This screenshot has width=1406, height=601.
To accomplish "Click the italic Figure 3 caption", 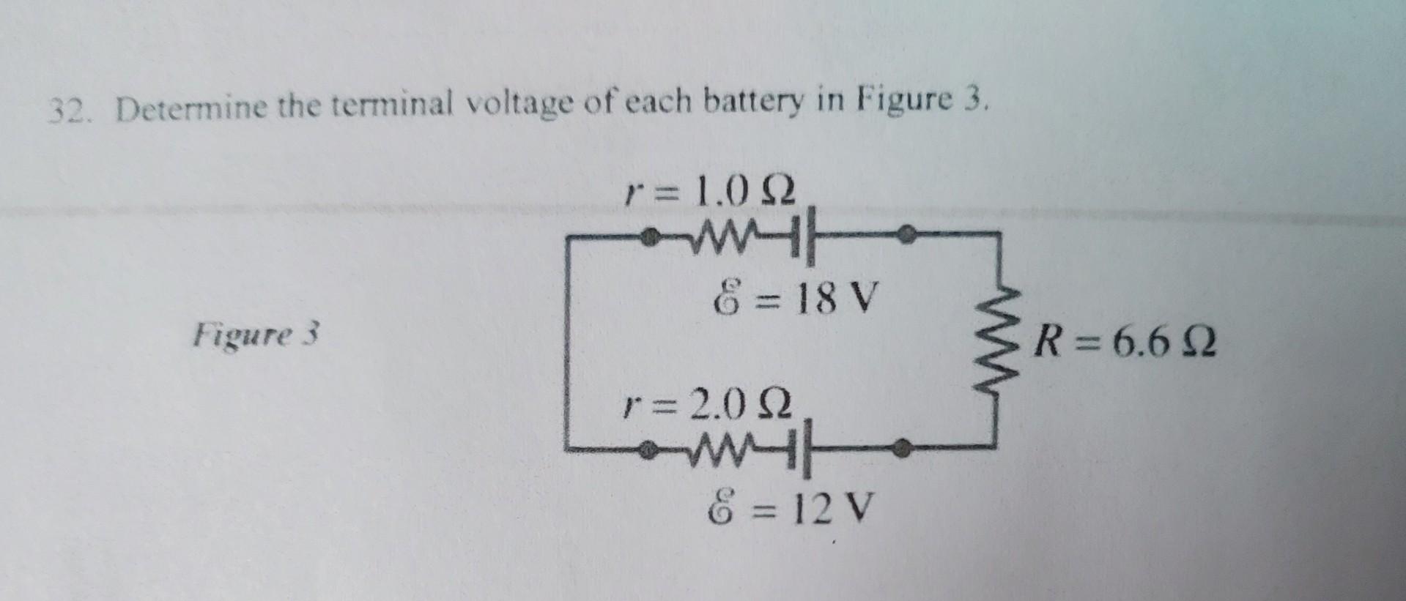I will [x=256, y=335].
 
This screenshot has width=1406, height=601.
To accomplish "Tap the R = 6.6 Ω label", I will [x=1124, y=343].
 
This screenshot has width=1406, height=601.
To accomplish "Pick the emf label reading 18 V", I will [x=793, y=299].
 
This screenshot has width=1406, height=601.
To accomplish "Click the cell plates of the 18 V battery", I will [x=804, y=238].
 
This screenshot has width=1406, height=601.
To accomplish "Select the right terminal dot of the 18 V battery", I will [x=906, y=234].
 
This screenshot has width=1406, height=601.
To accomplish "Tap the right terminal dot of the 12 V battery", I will [x=905, y=444].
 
